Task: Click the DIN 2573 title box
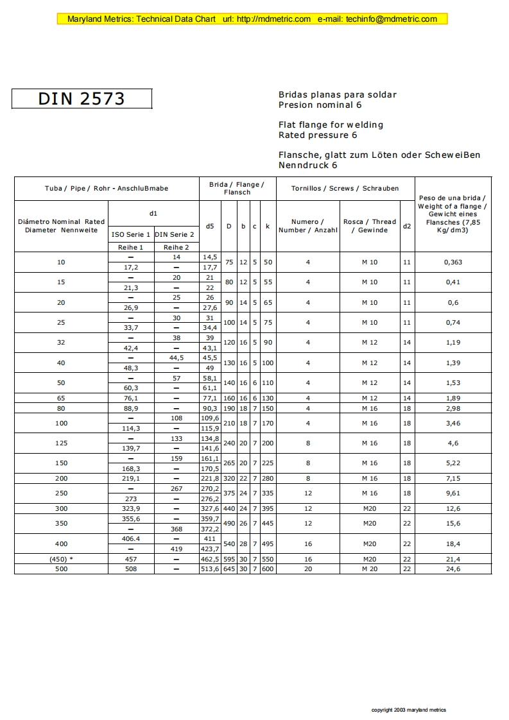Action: (82, 98)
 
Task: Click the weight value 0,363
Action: (453, 262)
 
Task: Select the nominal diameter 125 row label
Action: (61, 443)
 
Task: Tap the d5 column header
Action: (210, 226)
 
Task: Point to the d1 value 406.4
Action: (131, 538)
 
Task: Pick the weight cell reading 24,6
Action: (453, 569)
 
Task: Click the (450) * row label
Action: (61, 559)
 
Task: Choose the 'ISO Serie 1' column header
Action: (131, 235)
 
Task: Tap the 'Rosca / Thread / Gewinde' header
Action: (370, 226)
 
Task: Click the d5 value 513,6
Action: (210, 569)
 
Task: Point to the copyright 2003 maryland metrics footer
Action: (409, 710)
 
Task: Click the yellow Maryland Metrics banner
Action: (252, 19)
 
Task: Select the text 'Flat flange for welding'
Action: (330, 124)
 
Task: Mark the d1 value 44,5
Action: (176, 357)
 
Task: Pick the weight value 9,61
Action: (453, 493)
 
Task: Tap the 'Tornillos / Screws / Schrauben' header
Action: (345, 189)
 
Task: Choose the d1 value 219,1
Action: (131, 478)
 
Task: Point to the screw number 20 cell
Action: (308, 569)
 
